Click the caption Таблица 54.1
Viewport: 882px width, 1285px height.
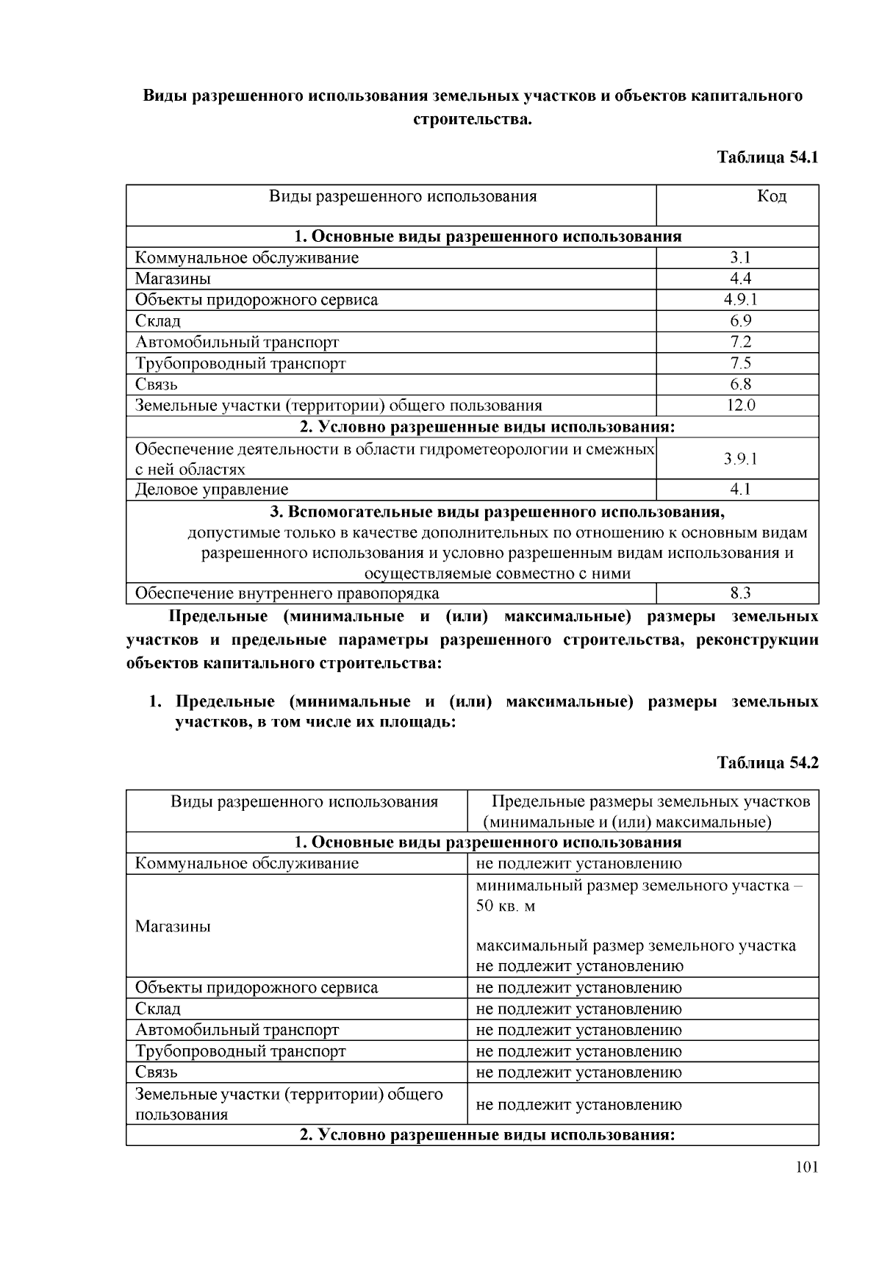pyautogui.click(x=767, y=157)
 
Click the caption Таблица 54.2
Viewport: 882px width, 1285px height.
pyautogui.click(x=767, y=763)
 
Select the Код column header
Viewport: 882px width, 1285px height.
pyautogui.click(x=771, y=196)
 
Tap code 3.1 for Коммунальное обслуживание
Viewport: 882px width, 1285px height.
pyautogui.click(x=739, y=257)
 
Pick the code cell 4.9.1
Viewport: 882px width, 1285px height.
pyautogui.click(x=739, y=299)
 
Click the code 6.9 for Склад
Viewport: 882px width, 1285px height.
pyautogui.click(x=739, y=321)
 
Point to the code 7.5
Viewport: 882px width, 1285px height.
pyautogui.click(x=739, y=363)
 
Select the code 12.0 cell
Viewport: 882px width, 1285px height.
pyautogui.click(x=739, y=405)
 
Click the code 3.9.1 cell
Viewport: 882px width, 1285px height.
pyautogui.click(x=739, y=459)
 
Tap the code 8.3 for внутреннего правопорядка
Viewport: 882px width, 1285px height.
pyautogui.click(x=739, y=593)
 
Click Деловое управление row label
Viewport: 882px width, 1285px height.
pyautogui.click(x=212, y=490)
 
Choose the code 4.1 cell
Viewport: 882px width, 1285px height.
pyautogui.click(x=739, y=490)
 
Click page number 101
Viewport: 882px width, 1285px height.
pyautogui.click(x=806, y=1167)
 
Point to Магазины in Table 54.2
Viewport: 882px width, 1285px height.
pyautogui.click(x=173, y=926)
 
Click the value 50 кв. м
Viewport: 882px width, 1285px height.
pyautogui.click(x=506, y=906)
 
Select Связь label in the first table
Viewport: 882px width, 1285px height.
pyautogui.click(x=157, y=384)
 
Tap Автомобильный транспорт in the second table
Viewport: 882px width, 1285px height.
pyautogui.click(x=237, y=1030)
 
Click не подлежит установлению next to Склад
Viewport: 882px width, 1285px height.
pyautogui.click(x=578, y=1009)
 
